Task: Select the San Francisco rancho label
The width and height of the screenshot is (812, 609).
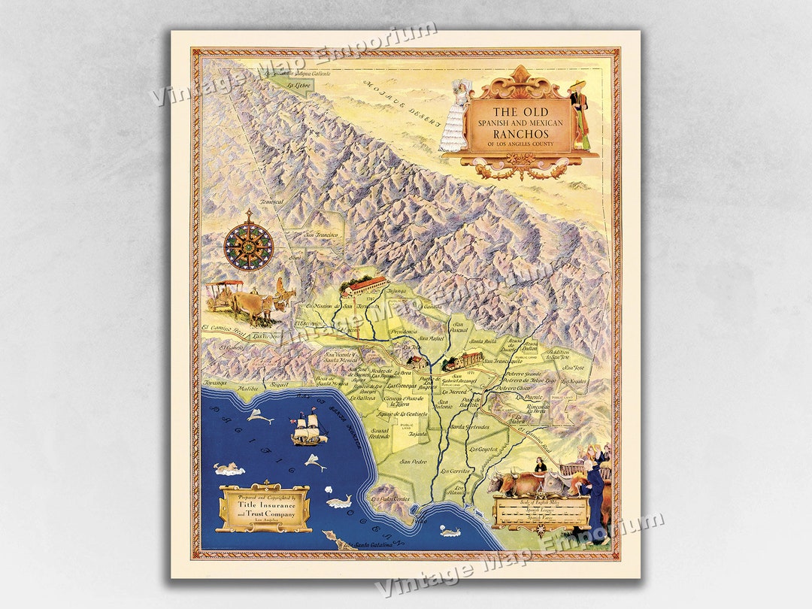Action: click(x=321, y=235)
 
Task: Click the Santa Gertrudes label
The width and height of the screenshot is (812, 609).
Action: click(x=470, y=427)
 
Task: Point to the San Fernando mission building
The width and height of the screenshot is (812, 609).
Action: click(x=365, y=285)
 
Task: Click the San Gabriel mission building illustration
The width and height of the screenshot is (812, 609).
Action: click(x=463, y=361)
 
